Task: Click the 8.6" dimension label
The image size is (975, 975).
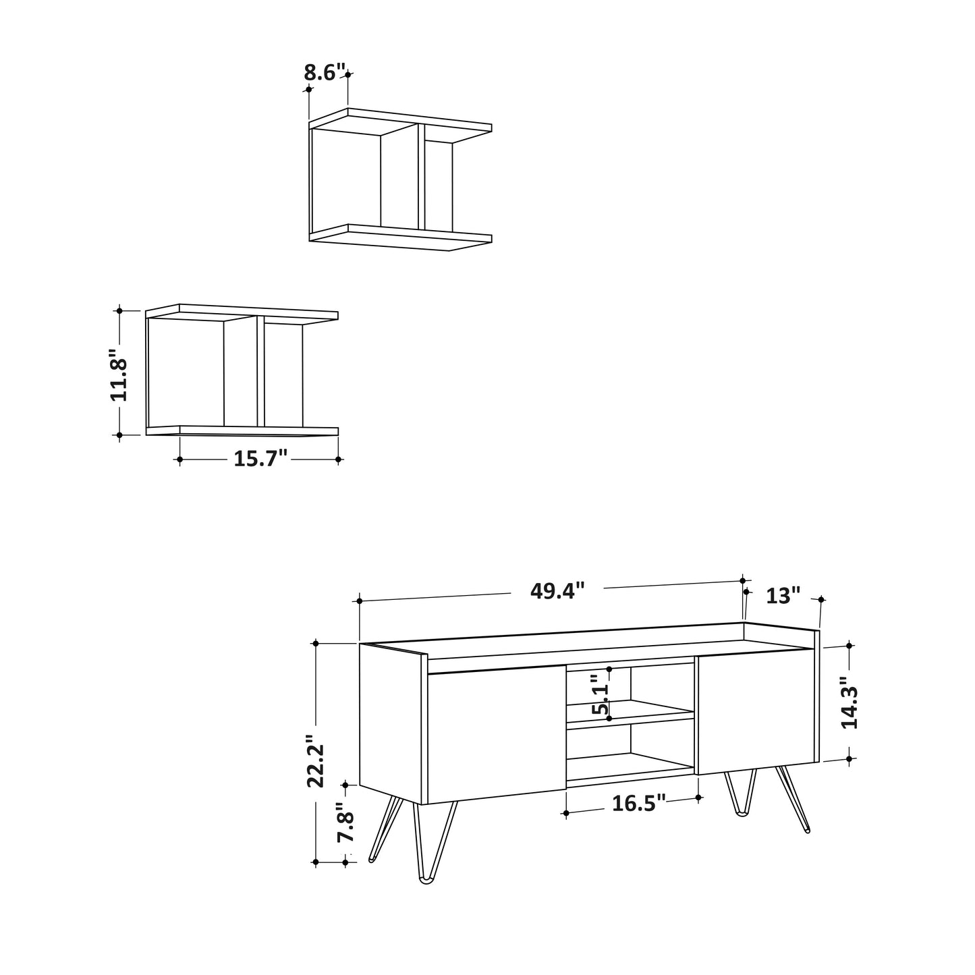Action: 325,72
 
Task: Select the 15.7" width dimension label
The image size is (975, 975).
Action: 260,459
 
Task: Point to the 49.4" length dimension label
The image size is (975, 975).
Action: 557,591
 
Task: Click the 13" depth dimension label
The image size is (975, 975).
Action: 783,596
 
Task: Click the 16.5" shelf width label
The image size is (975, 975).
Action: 638,804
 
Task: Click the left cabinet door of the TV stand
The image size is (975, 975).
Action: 496,735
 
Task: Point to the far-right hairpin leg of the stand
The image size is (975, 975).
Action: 795,800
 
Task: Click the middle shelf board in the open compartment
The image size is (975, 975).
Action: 630,713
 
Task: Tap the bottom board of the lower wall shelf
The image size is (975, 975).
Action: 243,430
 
